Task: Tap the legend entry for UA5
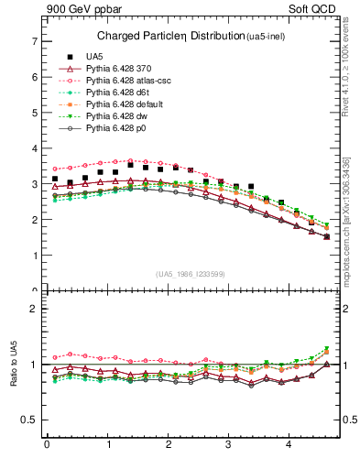pyautogui.click(x=93, y=56)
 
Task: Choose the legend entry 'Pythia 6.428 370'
pyautogui.click(x=124, y=69)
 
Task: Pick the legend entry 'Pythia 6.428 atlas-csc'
pyautogui.click(x=133, y=81)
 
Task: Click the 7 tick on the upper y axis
pyautogui.click(x=34, y=41)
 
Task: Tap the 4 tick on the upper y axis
pyautogui.click(x=34, y=148)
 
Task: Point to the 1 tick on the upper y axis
pyautogui.click(x=34, y=256)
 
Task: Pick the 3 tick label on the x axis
pyautogui.click(x=229, y=446)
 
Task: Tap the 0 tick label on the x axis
pyautogui.click(x=47, y=446)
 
